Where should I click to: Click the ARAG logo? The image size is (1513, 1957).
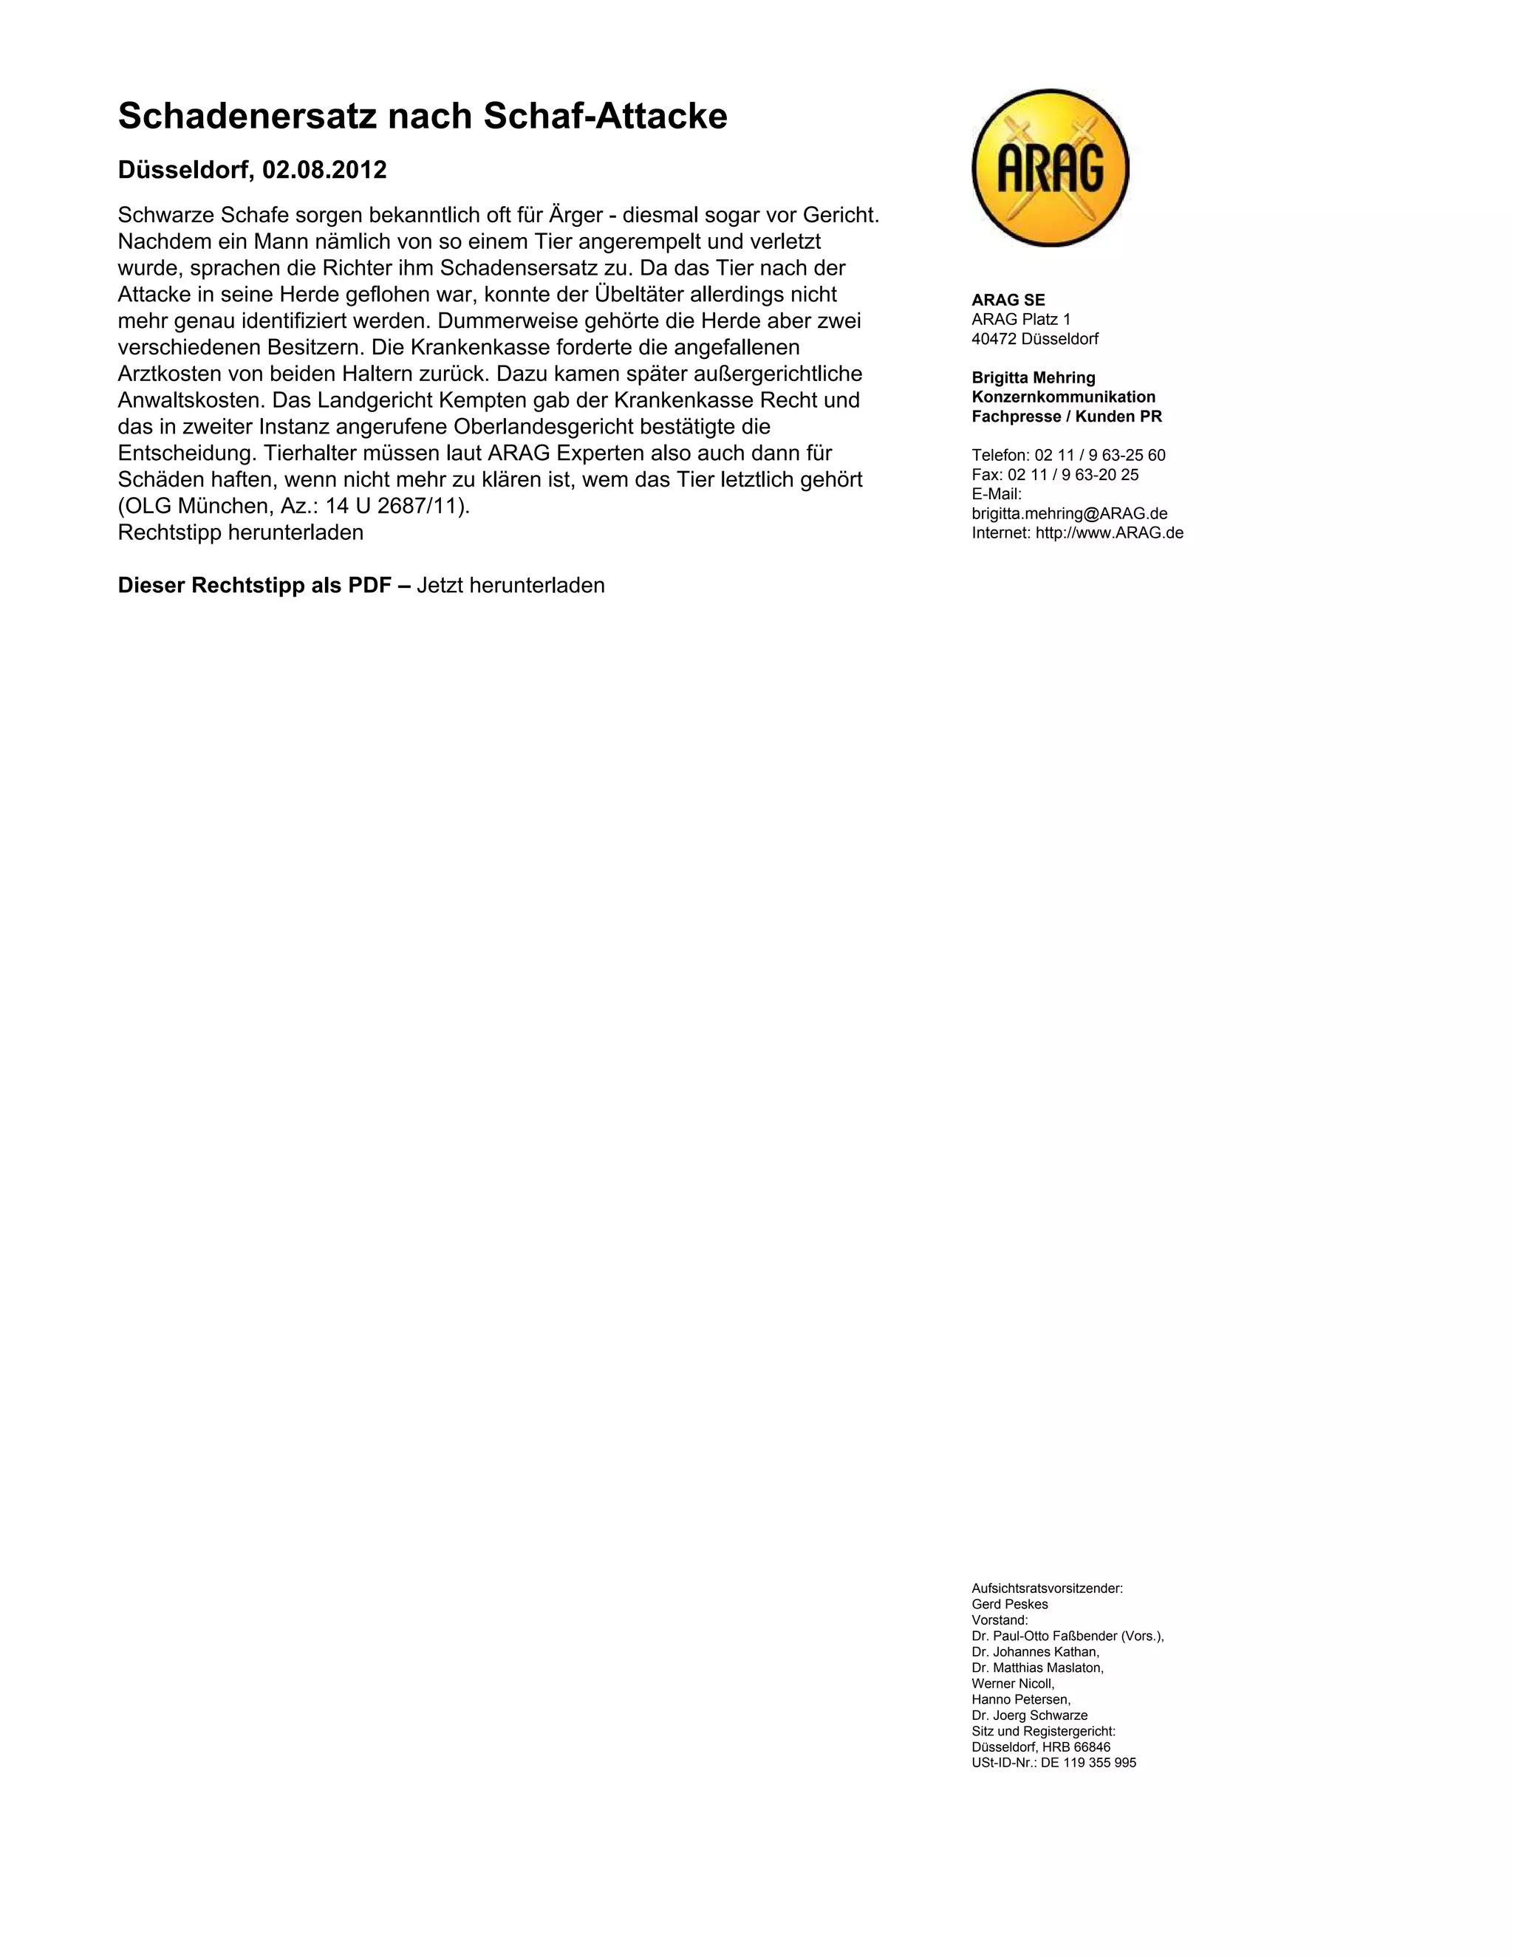click(x=1050, y=168)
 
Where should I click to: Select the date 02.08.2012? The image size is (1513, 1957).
click(x=324, y=171)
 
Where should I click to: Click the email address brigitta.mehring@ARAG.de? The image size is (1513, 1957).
click(x=1069, y=513)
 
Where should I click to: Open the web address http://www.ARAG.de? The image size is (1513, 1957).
click(x=1110, y=533)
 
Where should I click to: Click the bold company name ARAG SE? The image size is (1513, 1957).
click(x=1008, y=300)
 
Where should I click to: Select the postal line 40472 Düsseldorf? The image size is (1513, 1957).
click(x=1035, y=339)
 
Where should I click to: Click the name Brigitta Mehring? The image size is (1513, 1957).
click(x=1034, y=378)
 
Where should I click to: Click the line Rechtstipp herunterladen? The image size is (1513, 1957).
click(x=240, y=533)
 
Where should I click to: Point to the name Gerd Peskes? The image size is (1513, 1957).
click(x=1009, y=1604)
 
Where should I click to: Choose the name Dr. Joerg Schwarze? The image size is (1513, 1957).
click(x=1030, y=1715)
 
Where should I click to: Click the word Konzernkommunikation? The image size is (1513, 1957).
click(x=1064, y=397)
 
